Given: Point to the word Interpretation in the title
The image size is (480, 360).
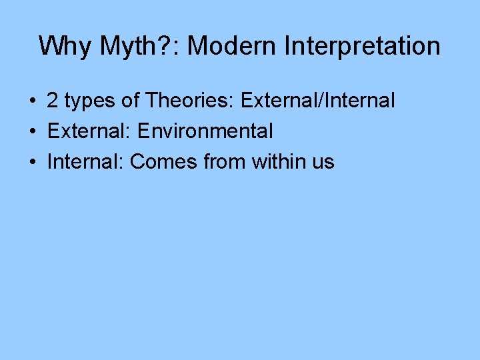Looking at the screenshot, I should tap(362, 46).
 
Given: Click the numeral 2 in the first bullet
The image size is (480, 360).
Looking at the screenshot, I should tap(53, 101).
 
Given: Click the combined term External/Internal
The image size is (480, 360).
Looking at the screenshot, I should tap(318, 101).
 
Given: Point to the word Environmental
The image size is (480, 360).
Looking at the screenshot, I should tap(205, 131).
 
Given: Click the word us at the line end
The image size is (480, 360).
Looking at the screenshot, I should tap(324, 162).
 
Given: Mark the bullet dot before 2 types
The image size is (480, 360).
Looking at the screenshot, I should tap(32, 101).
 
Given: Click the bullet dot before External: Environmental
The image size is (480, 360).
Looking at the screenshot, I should tap(32, 131).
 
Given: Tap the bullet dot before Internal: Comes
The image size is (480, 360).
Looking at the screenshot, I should tap(32, 161).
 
